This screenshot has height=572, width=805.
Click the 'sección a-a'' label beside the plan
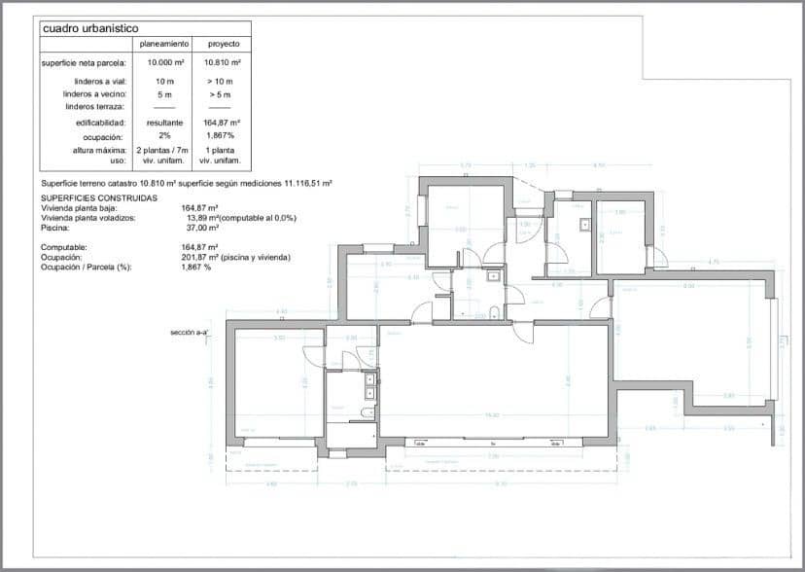[189, 333]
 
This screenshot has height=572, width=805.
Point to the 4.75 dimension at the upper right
[714, 262]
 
